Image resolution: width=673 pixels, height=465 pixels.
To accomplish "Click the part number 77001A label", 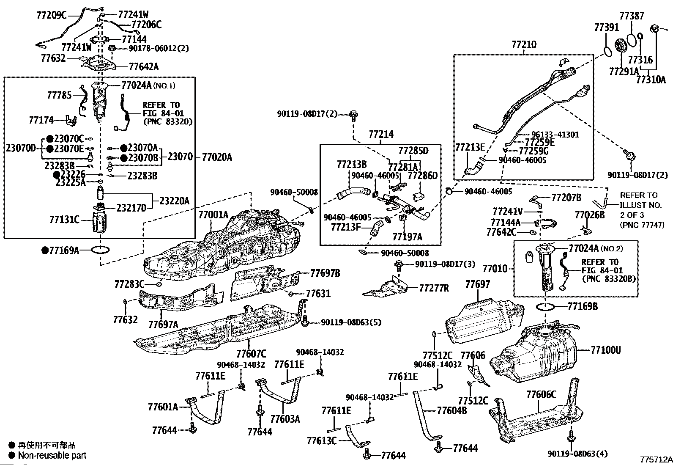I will pos(213,215).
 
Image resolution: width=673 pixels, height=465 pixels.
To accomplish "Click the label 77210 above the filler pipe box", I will pos(524,44).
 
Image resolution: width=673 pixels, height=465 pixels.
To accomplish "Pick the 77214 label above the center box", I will pos(381,135).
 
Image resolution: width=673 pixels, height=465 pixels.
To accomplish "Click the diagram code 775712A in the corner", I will pos(656,459).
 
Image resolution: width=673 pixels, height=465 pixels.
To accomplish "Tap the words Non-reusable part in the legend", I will pos(52,455).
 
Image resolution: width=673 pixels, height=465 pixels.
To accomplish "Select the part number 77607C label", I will pos(251,353).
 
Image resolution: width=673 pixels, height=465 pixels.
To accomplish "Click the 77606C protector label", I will pos(541,395).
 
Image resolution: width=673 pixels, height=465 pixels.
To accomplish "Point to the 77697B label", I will pos(325,273).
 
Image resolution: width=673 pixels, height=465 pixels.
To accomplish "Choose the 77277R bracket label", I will pos(434,288).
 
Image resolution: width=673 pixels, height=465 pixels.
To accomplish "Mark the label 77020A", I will pos(217,157).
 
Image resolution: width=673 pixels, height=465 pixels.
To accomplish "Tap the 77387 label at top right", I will pos(632,16).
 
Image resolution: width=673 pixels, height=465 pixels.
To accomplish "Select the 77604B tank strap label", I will pos(451,410).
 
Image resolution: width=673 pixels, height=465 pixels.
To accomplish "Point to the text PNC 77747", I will pos(642,226).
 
